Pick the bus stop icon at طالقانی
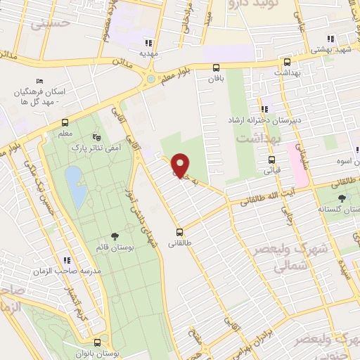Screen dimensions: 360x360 pyautogui.click(x=180, y=231)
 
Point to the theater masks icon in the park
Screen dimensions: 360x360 pyautogui.click(x=96, y=137)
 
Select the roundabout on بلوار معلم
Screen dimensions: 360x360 pyautogui.click(x=151, y=79)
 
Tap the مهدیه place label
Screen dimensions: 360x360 pyautogui.click(x=148, y=53)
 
